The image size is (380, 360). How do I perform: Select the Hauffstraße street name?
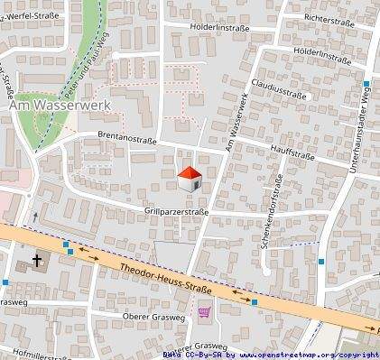[x=291, y=155]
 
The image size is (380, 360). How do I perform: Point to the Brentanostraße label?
[x=126, y=140]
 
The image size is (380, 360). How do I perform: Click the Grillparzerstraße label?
[x=176, y=212]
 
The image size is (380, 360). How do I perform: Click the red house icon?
[x=189, y=179]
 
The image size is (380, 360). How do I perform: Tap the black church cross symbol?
[x=37, y=262]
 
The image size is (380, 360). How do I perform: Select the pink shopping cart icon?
[x=205, y=313]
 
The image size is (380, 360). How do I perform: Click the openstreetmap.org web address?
[x=304, y=355]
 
